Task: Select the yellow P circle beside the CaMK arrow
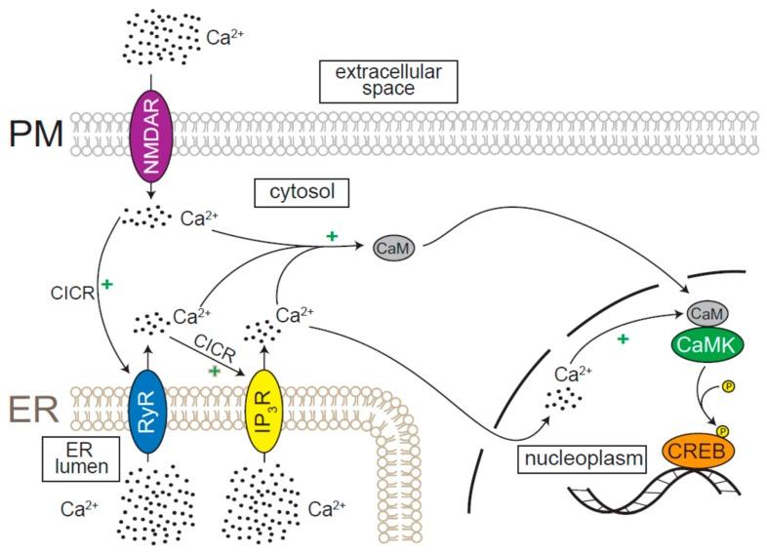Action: (x=728, y=385)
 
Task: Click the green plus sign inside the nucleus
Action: (x=621, y=337)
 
